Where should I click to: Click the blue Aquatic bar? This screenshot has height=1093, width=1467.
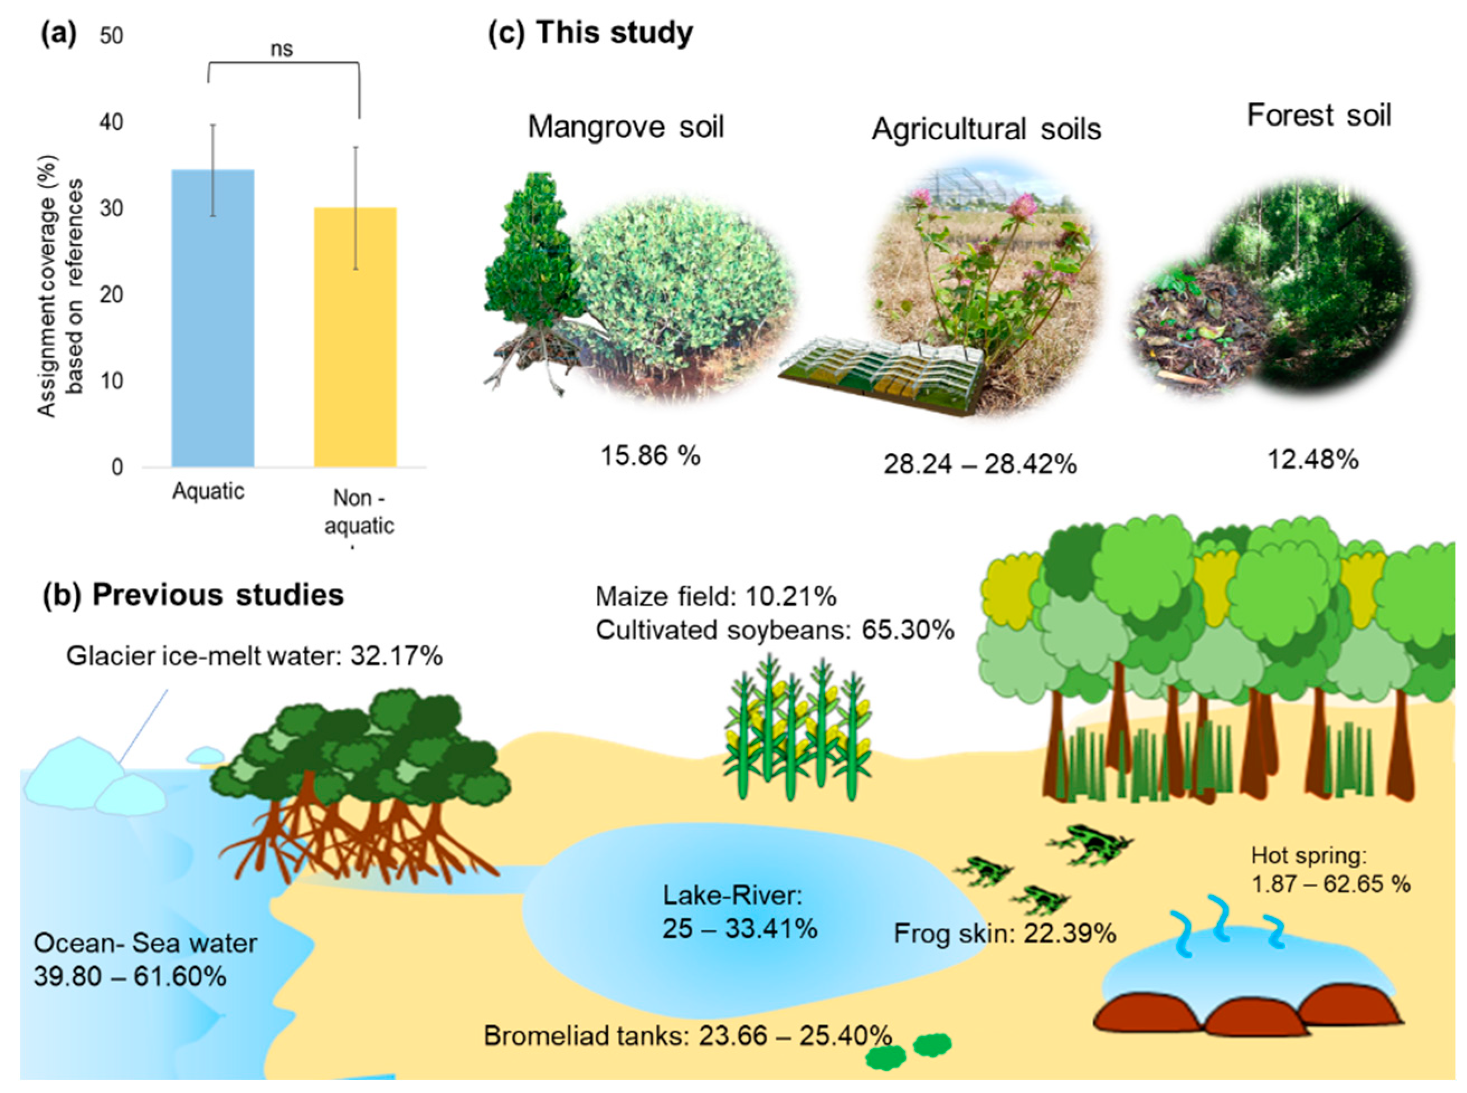[212, 318]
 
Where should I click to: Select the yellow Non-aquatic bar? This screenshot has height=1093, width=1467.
[355, 337]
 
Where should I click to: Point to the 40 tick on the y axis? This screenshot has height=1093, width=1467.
[112, 122]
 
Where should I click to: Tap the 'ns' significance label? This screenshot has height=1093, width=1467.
[282, 50]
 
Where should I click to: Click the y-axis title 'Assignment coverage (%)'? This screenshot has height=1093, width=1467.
[46, 286]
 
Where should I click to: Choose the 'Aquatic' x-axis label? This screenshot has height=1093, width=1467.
[208, 491]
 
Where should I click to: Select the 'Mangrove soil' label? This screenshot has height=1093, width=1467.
[625, 126]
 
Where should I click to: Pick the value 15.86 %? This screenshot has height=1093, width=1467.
[650, 456]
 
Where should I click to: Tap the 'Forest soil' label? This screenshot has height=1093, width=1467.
[1319, 116]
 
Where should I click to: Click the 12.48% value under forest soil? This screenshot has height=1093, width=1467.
[1313, 459]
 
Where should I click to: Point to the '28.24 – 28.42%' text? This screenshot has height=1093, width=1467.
[980, 465]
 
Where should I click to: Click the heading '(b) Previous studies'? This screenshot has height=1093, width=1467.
[193, 595]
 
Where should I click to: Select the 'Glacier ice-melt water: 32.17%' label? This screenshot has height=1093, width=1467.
[254, 656]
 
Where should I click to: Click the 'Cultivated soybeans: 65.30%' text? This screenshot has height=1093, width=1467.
[775, 630]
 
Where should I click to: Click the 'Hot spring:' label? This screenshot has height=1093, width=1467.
[1309, 856]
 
